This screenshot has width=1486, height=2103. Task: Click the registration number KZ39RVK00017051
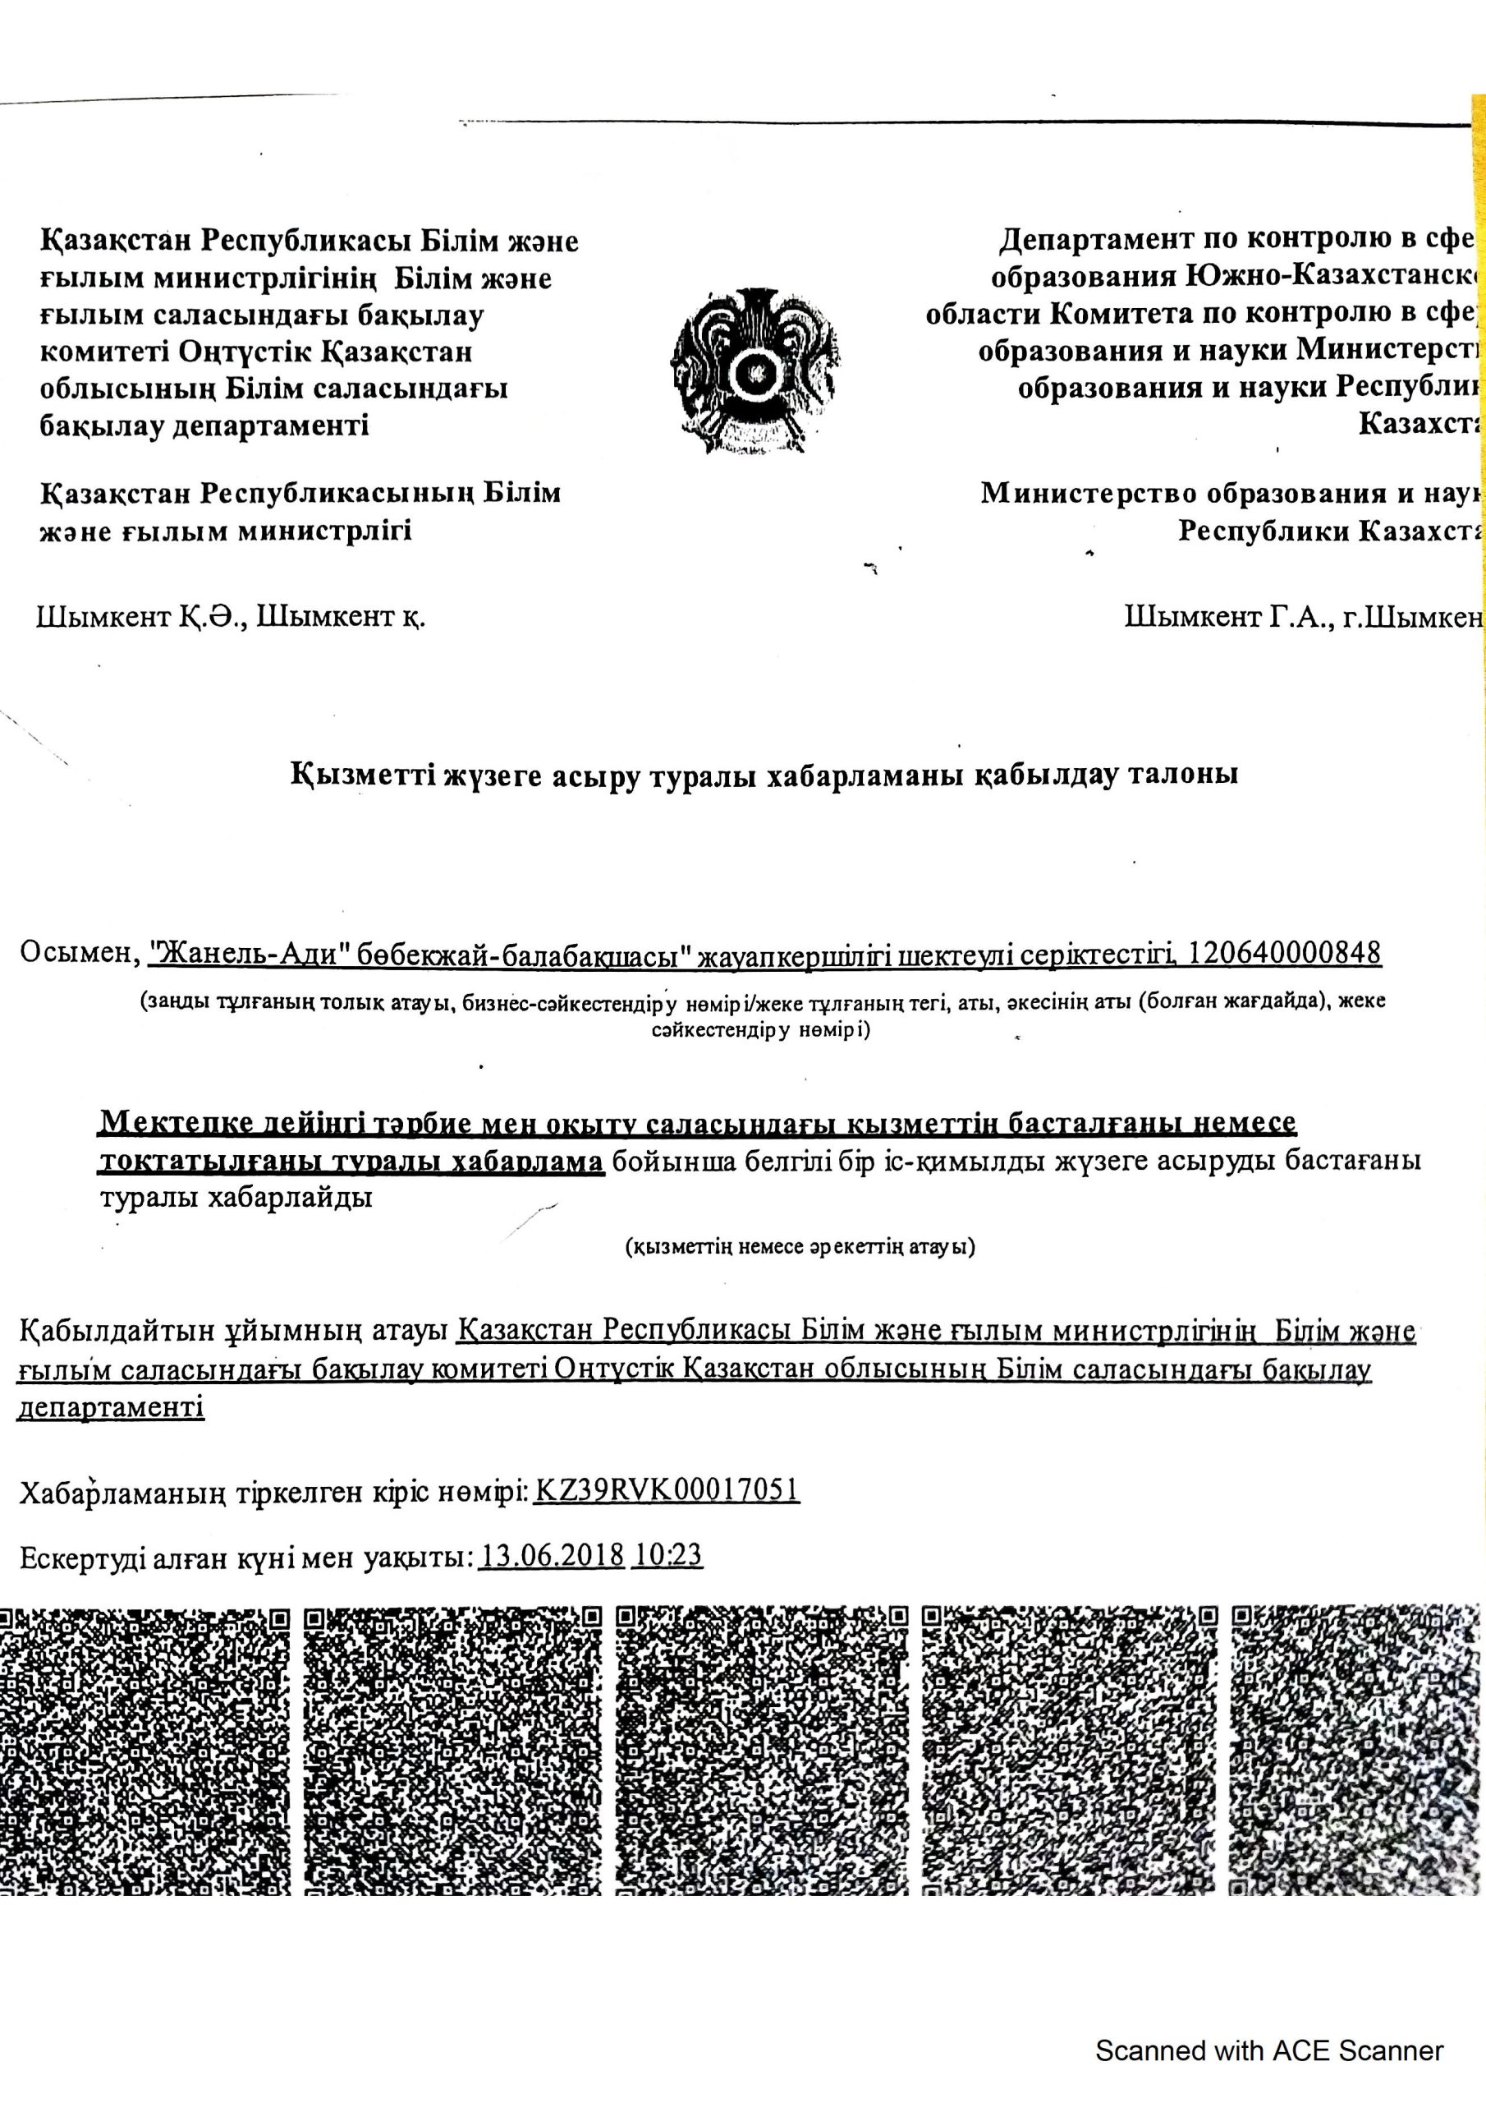(667, 1490)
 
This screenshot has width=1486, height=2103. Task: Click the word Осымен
(79, 955)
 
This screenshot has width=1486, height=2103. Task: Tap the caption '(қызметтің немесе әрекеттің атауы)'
(800, 1246)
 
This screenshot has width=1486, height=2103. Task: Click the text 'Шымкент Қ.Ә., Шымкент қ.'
(231, 617)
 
